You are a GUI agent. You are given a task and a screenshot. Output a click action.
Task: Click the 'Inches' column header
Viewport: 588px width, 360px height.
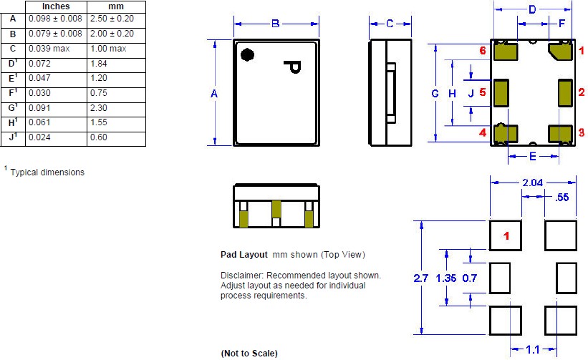click(x=56, y=6)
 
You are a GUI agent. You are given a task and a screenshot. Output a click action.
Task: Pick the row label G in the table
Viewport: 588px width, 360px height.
click(x=13, y=107)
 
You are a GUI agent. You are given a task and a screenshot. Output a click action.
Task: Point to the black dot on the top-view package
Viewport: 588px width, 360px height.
click(x=247, y=54)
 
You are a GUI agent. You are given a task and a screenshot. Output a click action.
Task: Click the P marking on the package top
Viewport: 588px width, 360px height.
click(x=293, y=67)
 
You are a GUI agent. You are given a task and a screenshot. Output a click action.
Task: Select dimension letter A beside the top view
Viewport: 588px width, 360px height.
click(x=215, y=94)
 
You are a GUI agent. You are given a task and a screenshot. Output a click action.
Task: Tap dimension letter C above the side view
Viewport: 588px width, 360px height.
click(x=390, y=24)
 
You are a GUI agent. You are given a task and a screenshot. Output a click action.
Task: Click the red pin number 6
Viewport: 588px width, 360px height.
click(x=483, y=51)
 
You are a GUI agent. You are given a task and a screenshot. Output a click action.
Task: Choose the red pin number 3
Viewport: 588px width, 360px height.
click(x=581, y=132)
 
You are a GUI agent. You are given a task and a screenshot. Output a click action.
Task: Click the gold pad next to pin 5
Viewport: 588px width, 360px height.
click(x=502, y=92)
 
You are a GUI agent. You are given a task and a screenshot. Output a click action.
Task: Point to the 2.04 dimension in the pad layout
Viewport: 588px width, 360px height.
click(x=533, y=184)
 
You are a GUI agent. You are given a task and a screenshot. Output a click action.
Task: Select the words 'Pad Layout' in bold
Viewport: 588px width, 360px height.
click(x=244, y=255)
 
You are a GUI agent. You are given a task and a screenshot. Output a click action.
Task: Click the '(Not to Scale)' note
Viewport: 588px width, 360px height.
click(x=249, y=354)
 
